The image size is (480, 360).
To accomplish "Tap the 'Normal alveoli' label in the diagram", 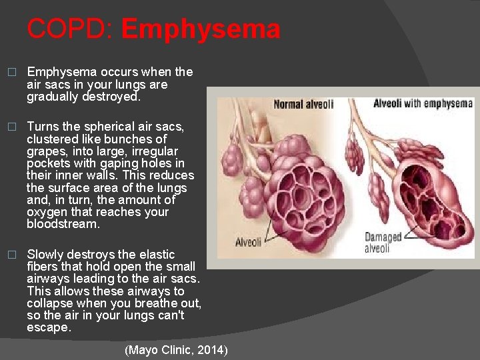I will tap(303, 104).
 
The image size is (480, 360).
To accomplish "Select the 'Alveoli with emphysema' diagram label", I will tap(423, 103).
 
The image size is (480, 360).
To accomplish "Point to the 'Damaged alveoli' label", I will tap(383, 243).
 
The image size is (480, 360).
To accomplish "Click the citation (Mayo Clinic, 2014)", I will tap(176, 350).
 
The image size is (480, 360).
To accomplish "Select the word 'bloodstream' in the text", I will tap(62, 225).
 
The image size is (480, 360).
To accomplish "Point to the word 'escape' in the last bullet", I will tap(47, 328).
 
